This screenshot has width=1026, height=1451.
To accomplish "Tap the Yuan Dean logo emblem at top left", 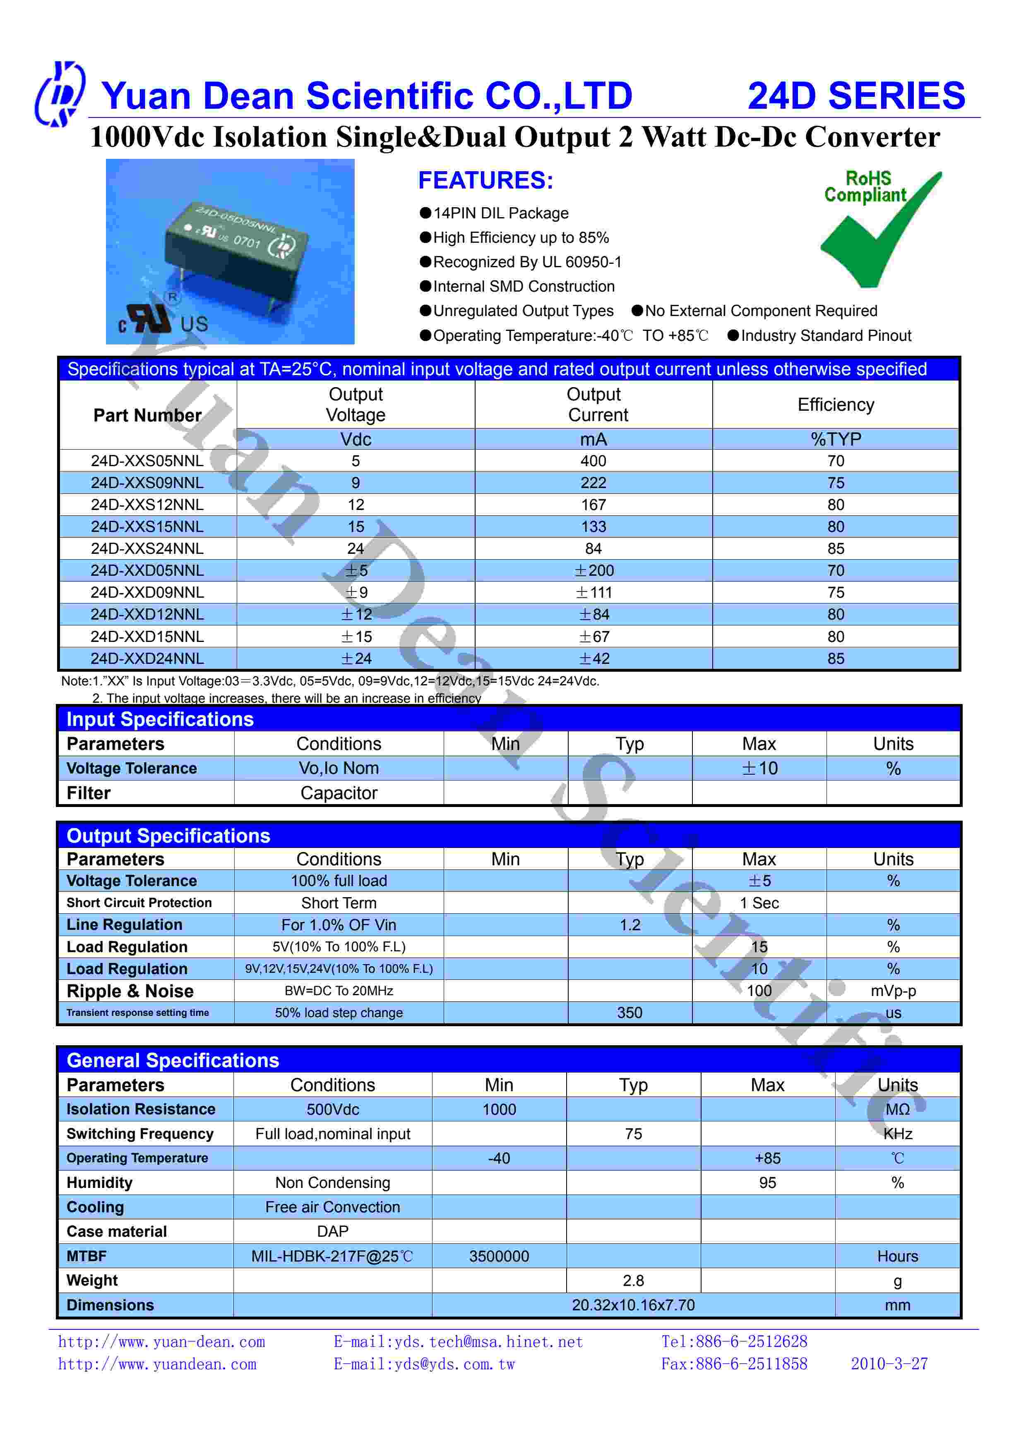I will (x=59, y=93).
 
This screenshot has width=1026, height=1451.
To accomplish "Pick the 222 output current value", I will (x=593, y=483).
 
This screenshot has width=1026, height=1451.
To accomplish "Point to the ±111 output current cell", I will (x=593, y=592).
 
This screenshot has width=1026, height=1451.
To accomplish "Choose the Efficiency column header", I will (x=835, y=405).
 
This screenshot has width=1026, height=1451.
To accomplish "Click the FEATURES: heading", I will (x=485, y=181).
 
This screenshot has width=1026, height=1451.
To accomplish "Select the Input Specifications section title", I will (x=160, y=719).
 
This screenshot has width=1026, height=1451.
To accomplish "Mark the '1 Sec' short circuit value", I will (x=759, y=903).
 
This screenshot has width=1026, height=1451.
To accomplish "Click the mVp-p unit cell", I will (x=893, y=991).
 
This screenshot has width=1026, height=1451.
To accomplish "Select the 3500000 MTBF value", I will (x=499, y=1256).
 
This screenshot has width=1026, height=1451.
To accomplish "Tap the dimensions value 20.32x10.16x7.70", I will (x=633, y=1305).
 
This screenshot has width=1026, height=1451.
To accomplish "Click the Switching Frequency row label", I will (x=140, y=1134).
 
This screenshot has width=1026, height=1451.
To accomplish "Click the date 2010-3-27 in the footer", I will (x=889, y=1364).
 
